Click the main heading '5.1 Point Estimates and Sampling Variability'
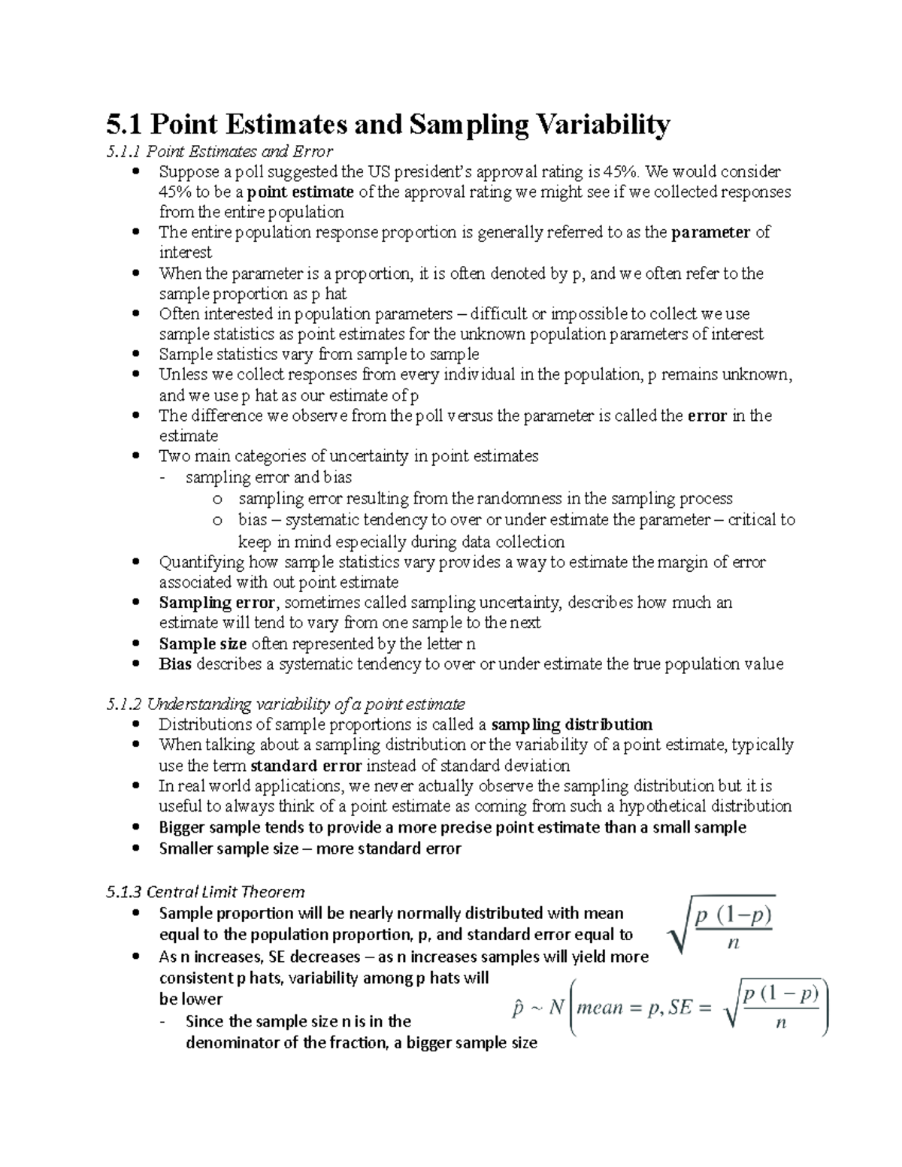[x=388, y=125]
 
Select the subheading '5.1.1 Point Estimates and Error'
[x=219, y=152]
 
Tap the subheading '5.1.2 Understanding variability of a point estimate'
[x=286, y=704]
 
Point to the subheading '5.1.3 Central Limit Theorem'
[x=205, y=892]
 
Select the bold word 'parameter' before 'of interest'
[x=710, y=232]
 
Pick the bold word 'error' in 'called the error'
[x=707, y=416]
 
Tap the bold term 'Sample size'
[x=202, y=643]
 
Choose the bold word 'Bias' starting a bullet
[x=175, y=664]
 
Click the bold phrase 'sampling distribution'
[x=571, y=724]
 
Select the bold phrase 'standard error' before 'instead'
[x=306, y=766]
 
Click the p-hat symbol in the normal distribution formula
[x=518, y=1008]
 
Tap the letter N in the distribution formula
[x=555, y=1007]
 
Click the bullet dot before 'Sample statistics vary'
[x=135, y=354]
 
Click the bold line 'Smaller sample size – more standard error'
[x=310, y=848]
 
